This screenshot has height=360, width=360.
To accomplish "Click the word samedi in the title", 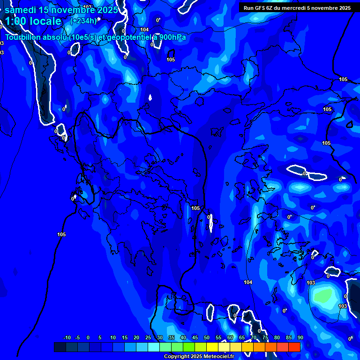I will [21, 10].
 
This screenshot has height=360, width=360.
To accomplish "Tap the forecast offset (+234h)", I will [83, 21].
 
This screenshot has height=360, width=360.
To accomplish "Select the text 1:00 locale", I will [33, 21].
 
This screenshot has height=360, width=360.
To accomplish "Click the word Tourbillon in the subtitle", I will [24, 37].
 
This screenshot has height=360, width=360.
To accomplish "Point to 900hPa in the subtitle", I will [172, 37].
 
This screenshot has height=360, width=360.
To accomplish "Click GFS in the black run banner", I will [261, 8].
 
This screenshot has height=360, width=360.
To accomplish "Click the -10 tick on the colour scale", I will [67, 338].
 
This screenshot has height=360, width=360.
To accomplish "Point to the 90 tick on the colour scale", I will [300, 338].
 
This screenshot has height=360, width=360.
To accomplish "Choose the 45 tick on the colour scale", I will [195, 338].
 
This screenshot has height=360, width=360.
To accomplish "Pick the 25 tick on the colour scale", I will [148, 338].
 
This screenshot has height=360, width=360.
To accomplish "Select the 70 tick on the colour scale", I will [254, 338].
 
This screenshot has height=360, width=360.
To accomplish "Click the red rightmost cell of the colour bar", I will [294, 347].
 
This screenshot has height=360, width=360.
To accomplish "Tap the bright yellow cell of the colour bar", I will [212, 347].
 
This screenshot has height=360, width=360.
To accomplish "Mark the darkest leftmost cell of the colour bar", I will [60, 347].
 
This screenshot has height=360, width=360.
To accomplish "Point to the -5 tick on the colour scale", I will [77, 338].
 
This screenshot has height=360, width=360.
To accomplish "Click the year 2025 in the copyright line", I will [197, 357].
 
